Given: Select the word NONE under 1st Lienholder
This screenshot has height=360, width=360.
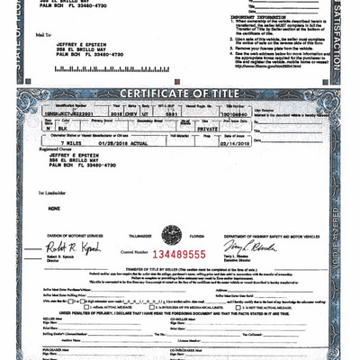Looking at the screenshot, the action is pyautogui.click(x=54, y=207).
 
